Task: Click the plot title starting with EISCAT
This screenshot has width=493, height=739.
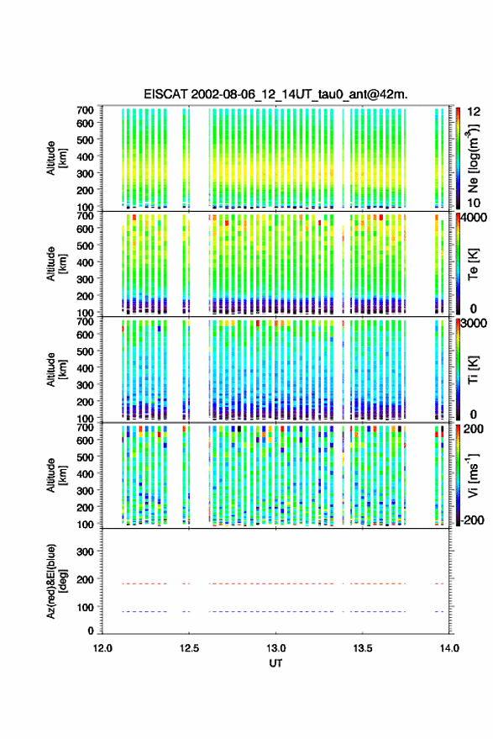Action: [x=275, y=94]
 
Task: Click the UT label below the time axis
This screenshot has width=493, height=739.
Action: [x=275, y=663]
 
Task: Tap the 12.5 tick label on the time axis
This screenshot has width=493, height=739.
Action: [x=189, y=648]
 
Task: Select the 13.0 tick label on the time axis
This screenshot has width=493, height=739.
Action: [x=275, y=648]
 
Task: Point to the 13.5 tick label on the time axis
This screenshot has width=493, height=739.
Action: [x=362, y=648]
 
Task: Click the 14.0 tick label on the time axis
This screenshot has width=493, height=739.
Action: [x=449, y=648]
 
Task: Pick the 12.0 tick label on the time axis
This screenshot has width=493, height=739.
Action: [x=102, y=648]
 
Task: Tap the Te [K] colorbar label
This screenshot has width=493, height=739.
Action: [x=473, y=264]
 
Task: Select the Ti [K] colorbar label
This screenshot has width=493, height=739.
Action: [x=473, y=370]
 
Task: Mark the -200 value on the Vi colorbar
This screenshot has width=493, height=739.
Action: [x=473, y=520]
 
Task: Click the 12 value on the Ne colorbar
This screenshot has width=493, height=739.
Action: [x=475, y=112]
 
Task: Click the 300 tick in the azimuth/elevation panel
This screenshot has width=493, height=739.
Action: [x=86, y=552]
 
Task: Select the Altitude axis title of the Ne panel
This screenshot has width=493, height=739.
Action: [x=56, y=158]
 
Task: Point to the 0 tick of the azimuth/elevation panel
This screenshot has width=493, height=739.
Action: [x=91, y=631]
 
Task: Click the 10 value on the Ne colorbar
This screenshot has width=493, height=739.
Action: [x=475, y=203]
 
